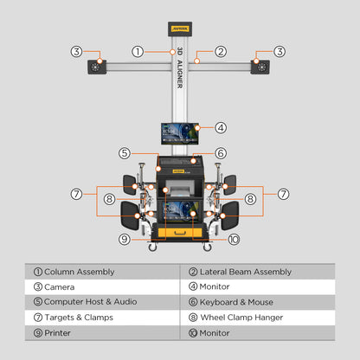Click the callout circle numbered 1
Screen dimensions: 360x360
pos(138,52)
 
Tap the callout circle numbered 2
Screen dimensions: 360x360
pos(221,52)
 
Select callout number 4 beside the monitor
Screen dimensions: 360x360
pos(222,127)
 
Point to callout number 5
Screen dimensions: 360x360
pos(125,153)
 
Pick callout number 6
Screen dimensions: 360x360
pos(221,153)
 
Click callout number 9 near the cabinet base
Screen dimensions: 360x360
pos(125,239)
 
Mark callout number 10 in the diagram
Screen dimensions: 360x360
pos(234,239)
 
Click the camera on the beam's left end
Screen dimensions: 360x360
pos(93,67)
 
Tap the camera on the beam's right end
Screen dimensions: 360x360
pos(260,67)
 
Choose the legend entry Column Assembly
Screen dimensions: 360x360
pos(79,272)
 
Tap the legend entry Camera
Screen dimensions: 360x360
pos(59,286)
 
